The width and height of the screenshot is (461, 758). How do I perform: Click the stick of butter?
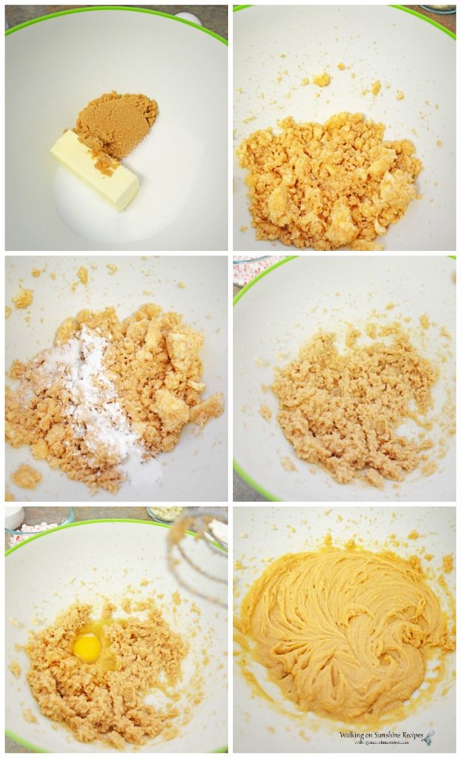(x=95, y=170)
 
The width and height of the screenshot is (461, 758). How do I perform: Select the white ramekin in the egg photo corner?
(x=13, y=516)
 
